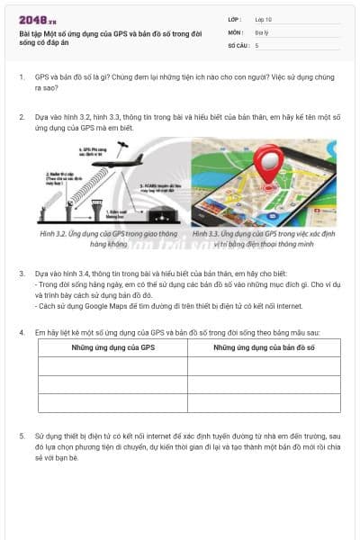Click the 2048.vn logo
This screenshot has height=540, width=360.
click(x=33, y=19)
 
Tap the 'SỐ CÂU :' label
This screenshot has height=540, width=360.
click(x=238, y=44)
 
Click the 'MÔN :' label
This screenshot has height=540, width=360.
click(x=235, y=31)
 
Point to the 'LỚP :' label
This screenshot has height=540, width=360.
click(x=234, y=19)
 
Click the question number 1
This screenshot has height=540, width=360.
click(x=22, y=77)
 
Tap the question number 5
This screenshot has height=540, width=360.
click(x=22, y=436)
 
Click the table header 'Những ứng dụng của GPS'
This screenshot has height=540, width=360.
click(x=112, y=346)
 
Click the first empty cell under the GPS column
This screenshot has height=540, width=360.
click(x=112, y=364)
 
